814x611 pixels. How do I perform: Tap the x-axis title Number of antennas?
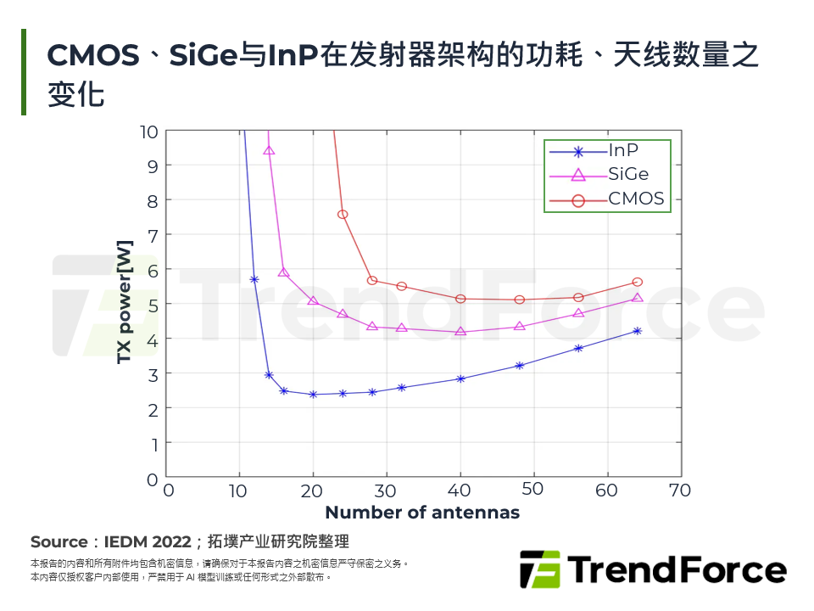pos(422,513)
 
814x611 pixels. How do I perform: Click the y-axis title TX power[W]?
pos(125,303)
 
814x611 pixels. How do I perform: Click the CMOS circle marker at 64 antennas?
pos(638,282)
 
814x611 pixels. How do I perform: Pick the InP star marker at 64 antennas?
pos(638,331)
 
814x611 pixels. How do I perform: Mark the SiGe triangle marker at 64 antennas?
pos(638,298)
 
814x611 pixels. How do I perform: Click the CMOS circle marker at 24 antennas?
pos(343,215)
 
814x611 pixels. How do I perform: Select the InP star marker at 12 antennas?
pos(254,279)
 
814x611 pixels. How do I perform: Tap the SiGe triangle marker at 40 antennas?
pos(460,331)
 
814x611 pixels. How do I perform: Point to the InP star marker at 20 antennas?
pos(314,394)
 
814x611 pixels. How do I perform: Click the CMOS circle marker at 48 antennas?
pos(520,300)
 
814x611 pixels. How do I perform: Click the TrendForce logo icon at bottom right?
pos(540,569)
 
